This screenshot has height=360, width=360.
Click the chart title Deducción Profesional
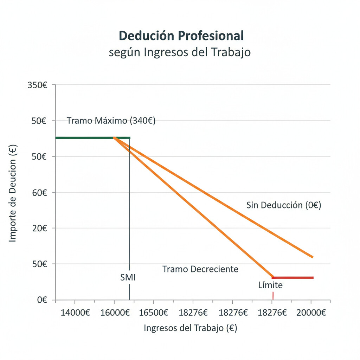pyautogui.click(x=181, y=36)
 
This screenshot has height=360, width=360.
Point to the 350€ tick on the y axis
pyautogui.click(x=37, y=85)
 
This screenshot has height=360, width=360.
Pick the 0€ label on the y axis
pyautogui.click(x=42, y=300)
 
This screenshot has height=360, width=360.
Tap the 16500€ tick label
pyautogui.click(x=153, y=312)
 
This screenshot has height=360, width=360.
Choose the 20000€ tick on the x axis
pyautogui.click(x=311, y=312)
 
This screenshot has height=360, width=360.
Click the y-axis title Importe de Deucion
pyautogui.click(x=13, y=194)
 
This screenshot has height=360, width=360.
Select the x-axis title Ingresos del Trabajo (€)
pyautogui.click(x=191, y=328)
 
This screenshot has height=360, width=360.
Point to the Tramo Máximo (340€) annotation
pyautogui.click(x=111, y=121)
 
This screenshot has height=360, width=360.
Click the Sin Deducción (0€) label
pyautogui.click(x=284, y=205)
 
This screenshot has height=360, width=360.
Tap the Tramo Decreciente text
pyautogui.click(x=200, y=269)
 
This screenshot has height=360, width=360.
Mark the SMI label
pyautogui.click(x=128, y=277)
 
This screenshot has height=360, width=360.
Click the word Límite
pyautogui.click(x=270, y=285)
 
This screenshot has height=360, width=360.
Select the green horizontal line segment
pyautogui.click(x=84, y=138)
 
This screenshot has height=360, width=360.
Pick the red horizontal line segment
pyautogui.click(x=292, y=278)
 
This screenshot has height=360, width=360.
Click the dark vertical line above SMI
pyautogui.click(x=129, y=204)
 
